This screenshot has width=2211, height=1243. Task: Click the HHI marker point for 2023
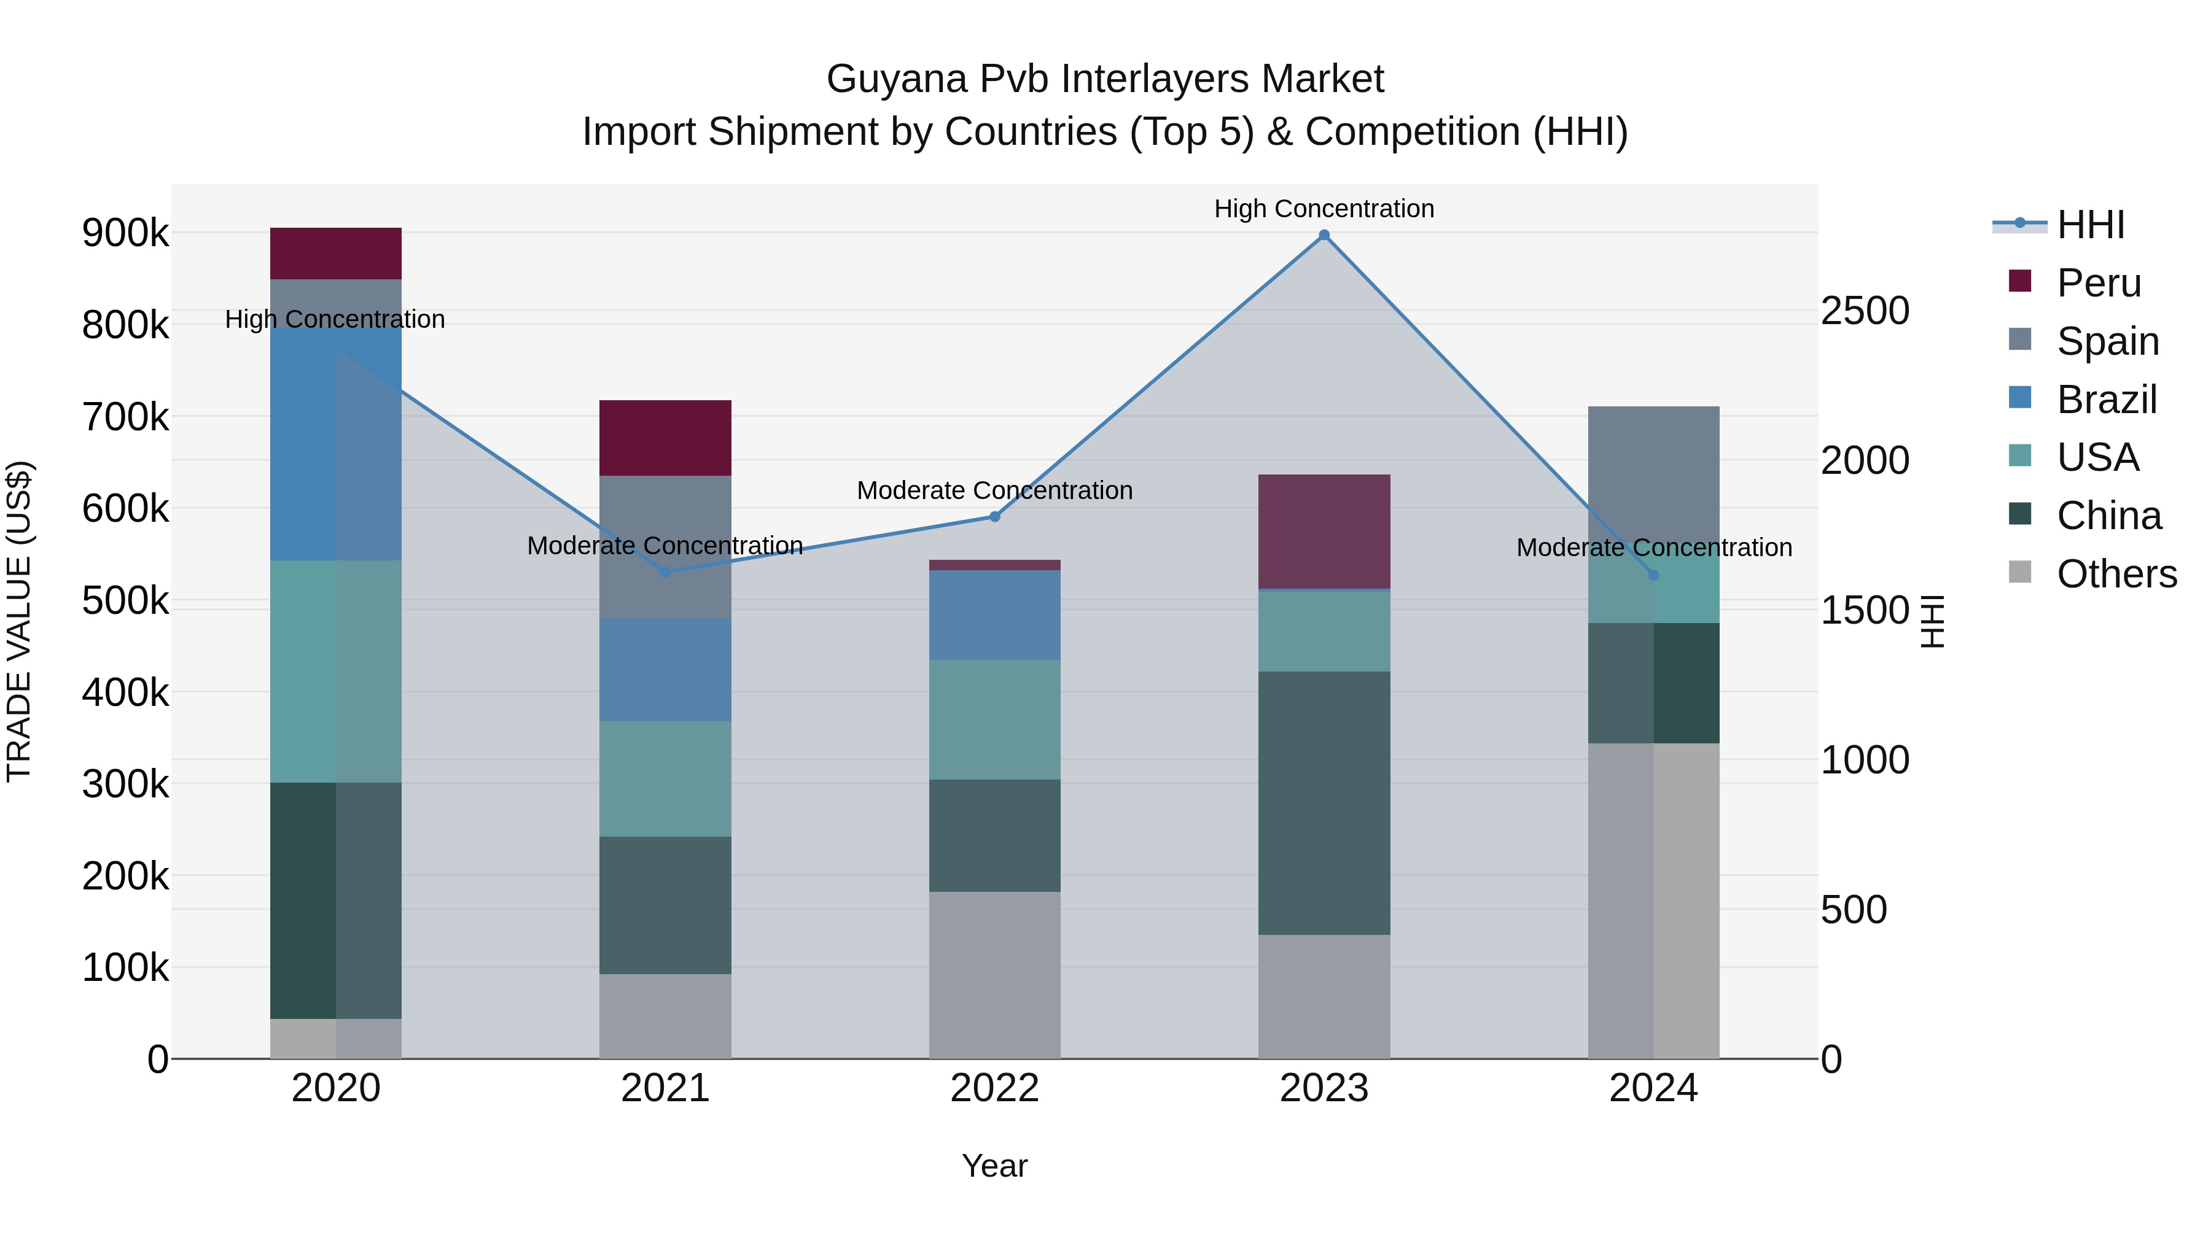tap(1324, 235)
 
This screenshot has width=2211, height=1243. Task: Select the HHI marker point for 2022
tap(995, 516)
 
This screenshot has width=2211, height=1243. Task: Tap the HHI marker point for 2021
tap(665, 572)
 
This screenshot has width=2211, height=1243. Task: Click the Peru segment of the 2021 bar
tap(665, 438)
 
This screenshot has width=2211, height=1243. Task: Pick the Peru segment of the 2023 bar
tap(1324, 531)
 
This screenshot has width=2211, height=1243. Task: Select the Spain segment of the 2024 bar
tap(1653, 472)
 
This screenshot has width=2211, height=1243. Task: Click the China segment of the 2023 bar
tap(1324, 802)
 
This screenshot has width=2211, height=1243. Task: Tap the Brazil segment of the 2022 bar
tap(995, 614)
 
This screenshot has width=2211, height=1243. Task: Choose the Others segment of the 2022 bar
tap(995, 975)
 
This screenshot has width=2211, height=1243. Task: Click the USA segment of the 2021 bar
tap(665, 778)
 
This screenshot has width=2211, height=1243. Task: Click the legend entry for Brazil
tap(2107, 400)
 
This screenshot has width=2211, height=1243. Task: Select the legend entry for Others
tap(2116, 574)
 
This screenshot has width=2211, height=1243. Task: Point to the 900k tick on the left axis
tap(125, 233)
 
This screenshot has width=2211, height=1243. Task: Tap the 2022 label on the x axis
tap(995, 1088)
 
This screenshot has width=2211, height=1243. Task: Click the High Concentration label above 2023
tap(1324, 209)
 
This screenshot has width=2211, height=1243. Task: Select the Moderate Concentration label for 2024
tap(1653, 548)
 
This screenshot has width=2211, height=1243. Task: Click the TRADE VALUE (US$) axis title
tap(19, 621)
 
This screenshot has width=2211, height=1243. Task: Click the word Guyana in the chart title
tap(895, 79)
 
